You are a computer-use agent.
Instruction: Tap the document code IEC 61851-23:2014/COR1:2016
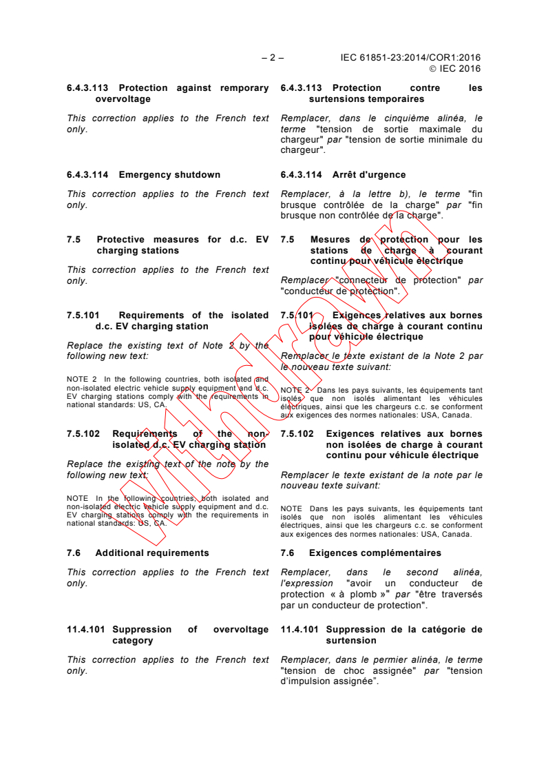(x=410, y=58)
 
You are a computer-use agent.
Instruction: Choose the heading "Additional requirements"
(x=152, y=553)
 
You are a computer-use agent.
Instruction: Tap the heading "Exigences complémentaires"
(x=375, y=553)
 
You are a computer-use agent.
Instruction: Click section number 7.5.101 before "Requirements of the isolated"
(x=85, y=316)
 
